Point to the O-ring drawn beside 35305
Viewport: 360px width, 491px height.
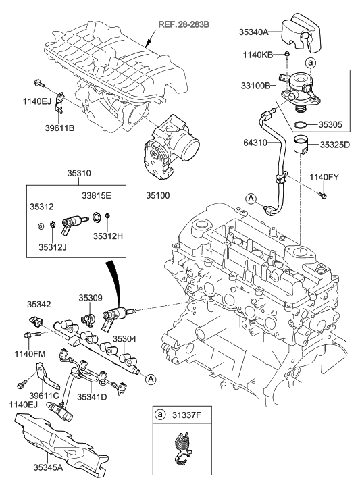[304, 124]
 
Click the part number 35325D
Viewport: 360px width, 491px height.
[333, 144]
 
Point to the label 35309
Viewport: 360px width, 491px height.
[90, 296]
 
